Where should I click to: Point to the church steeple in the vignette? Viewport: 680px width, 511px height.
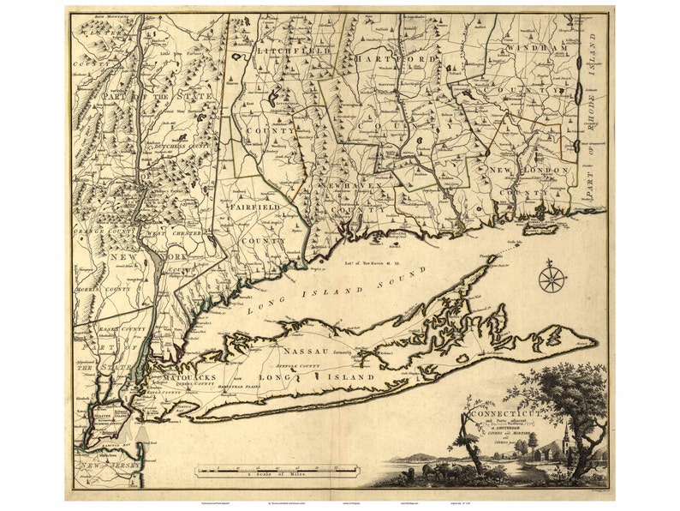565,437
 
